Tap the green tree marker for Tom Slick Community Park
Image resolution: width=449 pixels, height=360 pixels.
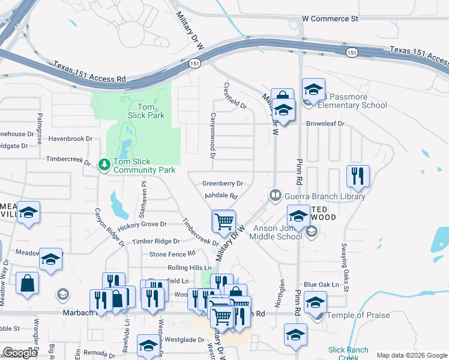(x=104, y=163)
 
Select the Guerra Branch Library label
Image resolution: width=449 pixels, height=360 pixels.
(x=325, y=196)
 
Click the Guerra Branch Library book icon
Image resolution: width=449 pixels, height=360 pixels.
(x=275, y=195)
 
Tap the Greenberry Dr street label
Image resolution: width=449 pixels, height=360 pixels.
(x=222, y=184)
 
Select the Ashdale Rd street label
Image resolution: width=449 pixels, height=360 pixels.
(x=221, y=196)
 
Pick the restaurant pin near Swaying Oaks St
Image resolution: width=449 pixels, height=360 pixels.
(x=357, y=176)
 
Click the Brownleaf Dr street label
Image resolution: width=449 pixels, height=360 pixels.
(x=325, y=124)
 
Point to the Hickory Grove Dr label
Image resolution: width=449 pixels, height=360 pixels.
(x=142, y=224)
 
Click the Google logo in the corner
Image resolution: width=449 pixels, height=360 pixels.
(x=20, y=353)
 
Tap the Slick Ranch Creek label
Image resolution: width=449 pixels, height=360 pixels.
(x=344, y=353)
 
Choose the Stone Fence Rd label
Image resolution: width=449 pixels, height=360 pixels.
(x=172, y=254)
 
